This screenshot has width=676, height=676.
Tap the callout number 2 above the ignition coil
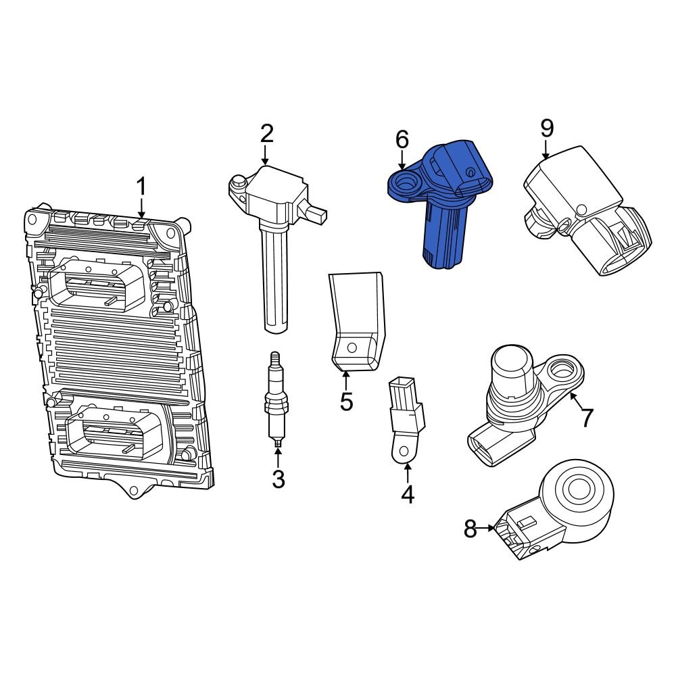tap(267, 133)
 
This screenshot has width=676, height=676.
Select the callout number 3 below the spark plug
tap(278, 479)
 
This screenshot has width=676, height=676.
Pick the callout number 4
tap(407, 495)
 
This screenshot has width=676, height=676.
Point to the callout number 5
tap(346, 402)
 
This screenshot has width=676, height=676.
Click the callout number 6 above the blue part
tap(402, 140)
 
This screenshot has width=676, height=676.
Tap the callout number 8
tap(470, 530)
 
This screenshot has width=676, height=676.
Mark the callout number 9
tap(546, 128)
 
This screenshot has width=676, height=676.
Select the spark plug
tap(275, 399)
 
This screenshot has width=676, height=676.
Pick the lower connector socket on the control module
tap(112, 433)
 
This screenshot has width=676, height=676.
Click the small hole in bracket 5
tap(350, 347)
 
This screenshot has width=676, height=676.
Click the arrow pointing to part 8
tap(488, 529)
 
